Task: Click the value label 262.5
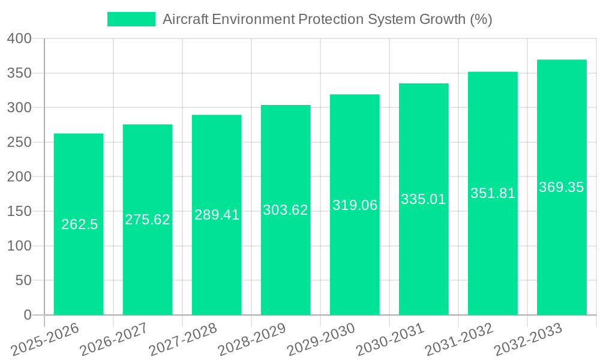[x=79, y=224]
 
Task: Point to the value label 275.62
[x=148, y=220]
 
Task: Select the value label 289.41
[x=217, y=215]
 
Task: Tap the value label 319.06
[x=355, y=205]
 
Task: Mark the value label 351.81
[x=493, y=193]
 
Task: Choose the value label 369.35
[x=562, y=187]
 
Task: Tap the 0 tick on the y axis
[x=27, y=315]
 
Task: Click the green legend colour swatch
[x=131, y=19]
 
